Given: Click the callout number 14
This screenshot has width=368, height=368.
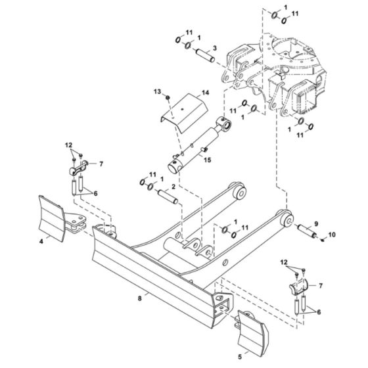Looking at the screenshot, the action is pyautogui.click(x=205, y=93).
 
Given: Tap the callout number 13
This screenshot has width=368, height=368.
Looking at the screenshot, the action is pyautogui.click(x=157, y=91).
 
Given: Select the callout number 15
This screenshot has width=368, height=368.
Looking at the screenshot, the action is pyautogui.click(x=208, y=160).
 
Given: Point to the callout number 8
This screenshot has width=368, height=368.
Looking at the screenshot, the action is pyautogui.click(x=139, y=298).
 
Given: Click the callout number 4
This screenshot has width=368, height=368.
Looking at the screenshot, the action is pyautogui.click(x=41, y=241).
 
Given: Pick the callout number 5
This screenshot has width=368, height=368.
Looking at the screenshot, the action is pyautogui.click(x=240, y=357).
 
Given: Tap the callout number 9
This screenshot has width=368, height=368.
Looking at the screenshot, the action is pyautogui.click(x=316, y=223).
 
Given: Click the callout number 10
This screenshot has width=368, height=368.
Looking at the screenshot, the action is pyautogui.click(x=332, y=235).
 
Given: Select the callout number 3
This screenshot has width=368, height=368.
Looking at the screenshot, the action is pyautogui.click(x=215, y=49).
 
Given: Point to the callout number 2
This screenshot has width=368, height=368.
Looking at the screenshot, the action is pyautogui.click(x=173, y=187).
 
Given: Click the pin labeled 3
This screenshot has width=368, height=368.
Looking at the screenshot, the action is pyautogui.click(x=205, y=55).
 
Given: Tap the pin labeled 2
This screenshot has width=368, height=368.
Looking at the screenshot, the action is pyautogui.click(x=168, y=196).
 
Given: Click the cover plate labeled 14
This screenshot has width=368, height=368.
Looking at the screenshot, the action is pyautogui.click(x=184, y=114).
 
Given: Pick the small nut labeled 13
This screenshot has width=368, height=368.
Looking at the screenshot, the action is pyautogui.click(x=168, y=97).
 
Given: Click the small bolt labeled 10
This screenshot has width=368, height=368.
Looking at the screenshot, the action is pyautogui.click(x=322, y=240).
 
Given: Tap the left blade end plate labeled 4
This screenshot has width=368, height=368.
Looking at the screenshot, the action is pyautogui.click(x=51, y=218).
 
